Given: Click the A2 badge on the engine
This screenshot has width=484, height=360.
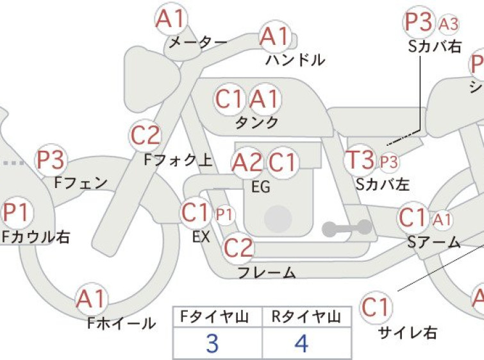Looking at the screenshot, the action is [x=247, y=162].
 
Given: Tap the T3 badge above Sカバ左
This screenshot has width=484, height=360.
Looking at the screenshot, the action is [x=360, y=160].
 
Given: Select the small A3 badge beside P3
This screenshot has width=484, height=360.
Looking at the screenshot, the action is [x=449, y=24].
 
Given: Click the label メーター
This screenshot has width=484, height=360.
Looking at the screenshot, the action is [x=198, y=42].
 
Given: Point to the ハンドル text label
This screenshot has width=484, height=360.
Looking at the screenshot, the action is [x=296, y=60].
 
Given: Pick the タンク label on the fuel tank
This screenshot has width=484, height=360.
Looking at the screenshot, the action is [x=257, y=123].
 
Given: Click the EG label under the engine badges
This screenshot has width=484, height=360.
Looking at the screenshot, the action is [x=261, y=187].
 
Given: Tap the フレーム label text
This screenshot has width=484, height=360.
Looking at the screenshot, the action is [x=267, y=272].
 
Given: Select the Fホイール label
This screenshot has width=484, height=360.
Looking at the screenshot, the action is [x=121, y=323].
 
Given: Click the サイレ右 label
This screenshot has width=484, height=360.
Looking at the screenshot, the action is [x=408, y=333].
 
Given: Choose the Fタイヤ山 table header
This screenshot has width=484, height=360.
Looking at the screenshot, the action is [x=215, y=317].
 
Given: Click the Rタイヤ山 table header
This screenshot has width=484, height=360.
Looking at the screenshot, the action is [x=306, y=317].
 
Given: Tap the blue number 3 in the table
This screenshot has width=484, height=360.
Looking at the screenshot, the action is [x=212, y=343].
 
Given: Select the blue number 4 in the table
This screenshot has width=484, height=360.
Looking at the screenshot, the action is [x=301, y=343].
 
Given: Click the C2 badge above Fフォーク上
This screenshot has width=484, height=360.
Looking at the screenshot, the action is [x=145, y=135].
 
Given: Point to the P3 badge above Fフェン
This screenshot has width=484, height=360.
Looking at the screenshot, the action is [x=50, y=160].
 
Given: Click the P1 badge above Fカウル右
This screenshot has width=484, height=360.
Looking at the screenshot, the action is [x=17, y=212].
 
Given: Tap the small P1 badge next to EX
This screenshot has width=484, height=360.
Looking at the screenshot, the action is [x=224, y=214].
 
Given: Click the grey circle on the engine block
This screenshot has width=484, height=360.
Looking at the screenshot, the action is [x=278, y=219].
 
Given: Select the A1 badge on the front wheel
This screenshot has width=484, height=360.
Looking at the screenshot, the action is [x=92, y=299].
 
